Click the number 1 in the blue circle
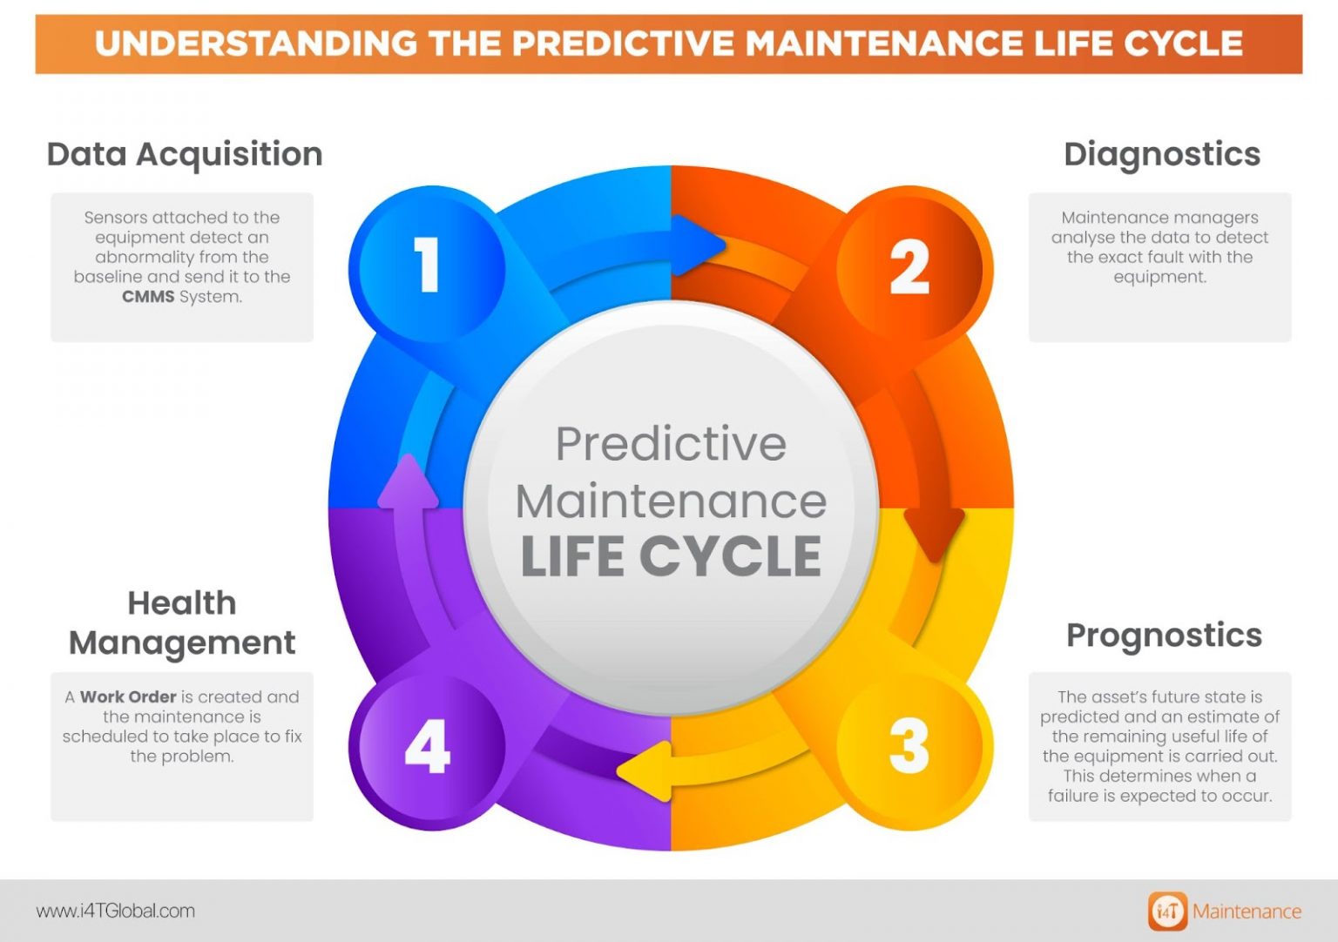(426, 265)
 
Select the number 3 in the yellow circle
(909, 746)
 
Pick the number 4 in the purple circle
(427, 746)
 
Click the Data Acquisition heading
(185, 154)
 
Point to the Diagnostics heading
(1162, 154)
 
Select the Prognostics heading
(1164, 636)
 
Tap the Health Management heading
(182, 622)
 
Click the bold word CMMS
(148, 297)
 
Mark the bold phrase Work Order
(128, 697)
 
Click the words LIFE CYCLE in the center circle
(671, 556)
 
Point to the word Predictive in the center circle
(671, 444)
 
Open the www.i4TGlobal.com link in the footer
(116, 912)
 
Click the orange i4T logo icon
(1167, 912)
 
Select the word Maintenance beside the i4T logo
(1247, 912)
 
